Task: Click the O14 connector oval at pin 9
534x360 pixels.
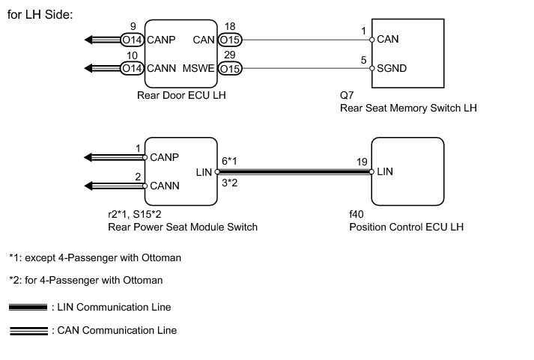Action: (132, 40)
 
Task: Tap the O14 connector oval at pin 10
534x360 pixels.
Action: (132, 68)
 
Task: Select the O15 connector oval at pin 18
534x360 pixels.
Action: (230, 40)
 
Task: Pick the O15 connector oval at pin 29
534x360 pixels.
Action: (230, 68)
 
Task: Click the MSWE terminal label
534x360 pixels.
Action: (198, 68)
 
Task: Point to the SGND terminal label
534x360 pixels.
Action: (392, 68)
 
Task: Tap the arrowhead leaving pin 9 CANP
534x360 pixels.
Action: (88, 40)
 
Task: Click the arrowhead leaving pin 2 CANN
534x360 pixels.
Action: (88, 186)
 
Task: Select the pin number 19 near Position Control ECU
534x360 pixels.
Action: (362, 162)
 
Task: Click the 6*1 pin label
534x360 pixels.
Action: (229, 161)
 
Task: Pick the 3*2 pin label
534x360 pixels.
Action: (229, 183)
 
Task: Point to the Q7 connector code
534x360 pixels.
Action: (347, 95)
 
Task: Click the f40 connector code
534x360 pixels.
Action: (356, 214)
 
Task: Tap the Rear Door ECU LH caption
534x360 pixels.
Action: (181, 95)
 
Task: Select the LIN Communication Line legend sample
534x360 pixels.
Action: (28, 308)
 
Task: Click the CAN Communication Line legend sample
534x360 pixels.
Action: (29, 331)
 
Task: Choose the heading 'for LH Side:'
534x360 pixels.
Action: (40, 15)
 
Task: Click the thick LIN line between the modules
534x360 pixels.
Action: (294, 172)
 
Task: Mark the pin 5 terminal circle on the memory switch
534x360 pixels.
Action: (372, 68)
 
